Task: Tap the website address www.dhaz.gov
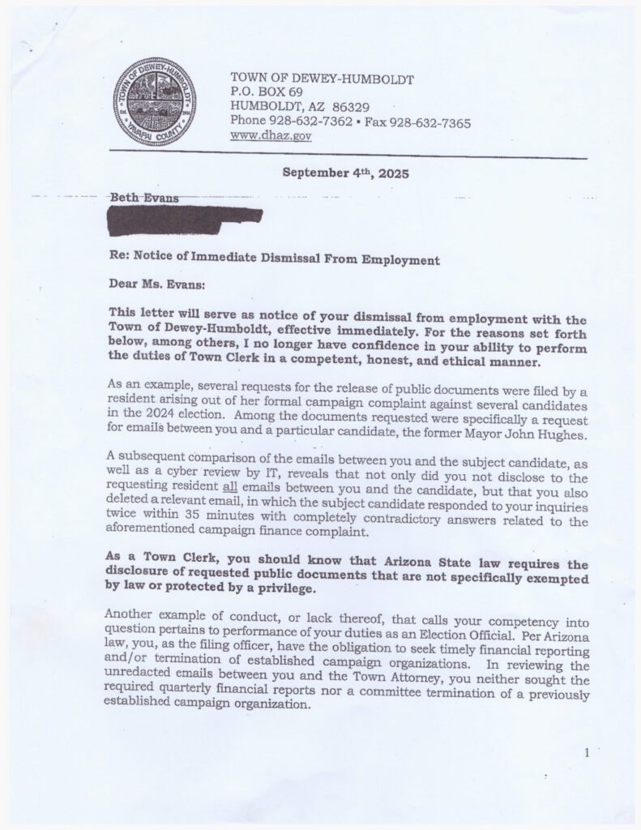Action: pyautogui.click(x=271, y=136)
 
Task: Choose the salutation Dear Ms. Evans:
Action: pyautogui.click(x=159, y=285)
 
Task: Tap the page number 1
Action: pyautogui.click(x=586, y=754)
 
